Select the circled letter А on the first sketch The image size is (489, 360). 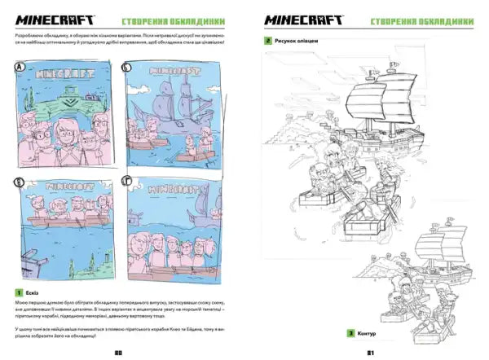21,69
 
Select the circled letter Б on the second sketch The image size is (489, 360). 127,69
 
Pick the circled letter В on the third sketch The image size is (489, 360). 21,184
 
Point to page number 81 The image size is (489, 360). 368,352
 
